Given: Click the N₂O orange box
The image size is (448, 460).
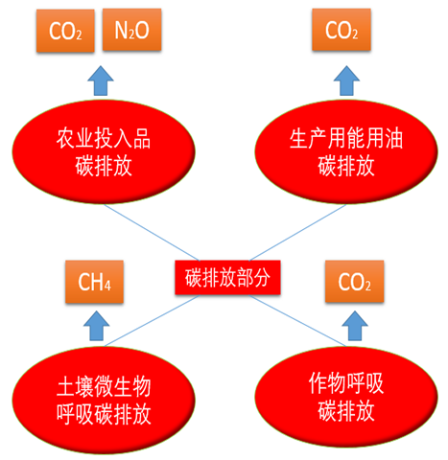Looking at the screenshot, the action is [x=131, y=30].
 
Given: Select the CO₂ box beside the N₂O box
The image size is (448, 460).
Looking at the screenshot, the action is [x=65, y=31].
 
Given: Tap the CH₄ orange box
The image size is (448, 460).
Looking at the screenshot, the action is [x=94, y=282].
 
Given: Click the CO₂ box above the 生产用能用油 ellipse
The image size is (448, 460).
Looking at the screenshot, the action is [x=342, y=30].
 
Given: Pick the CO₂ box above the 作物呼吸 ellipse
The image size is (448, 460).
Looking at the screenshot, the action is [x=354, y=282].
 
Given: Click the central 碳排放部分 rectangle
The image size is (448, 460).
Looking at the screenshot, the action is [x=227, y=277].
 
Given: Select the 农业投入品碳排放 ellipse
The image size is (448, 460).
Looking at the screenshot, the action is [x=104, y=152].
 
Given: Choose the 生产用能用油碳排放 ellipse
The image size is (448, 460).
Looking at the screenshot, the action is [x=346, y=152].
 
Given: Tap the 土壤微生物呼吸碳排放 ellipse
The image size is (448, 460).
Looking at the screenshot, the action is [x=104, y=400].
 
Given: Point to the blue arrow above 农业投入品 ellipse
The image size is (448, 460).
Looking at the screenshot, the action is [x=101, y=80].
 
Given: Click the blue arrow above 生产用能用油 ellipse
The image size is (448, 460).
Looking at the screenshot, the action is [x=346, y=80].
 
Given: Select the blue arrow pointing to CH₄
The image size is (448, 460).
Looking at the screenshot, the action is [x=96, y=326].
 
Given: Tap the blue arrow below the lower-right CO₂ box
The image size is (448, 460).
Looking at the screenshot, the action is [x=355, y=326].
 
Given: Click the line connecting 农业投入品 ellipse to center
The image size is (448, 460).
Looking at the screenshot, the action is [x=152, y=233].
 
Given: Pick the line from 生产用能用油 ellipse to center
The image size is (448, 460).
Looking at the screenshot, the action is [x=298, y=233].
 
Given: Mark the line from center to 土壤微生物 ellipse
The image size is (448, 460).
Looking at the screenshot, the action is [x=152, y=321].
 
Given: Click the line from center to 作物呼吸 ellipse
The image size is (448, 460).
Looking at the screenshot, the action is [x=298, y=321].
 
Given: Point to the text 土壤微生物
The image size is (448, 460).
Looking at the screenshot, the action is [x=104, y=387].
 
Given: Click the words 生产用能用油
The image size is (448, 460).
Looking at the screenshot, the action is [x=346, y=139].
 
